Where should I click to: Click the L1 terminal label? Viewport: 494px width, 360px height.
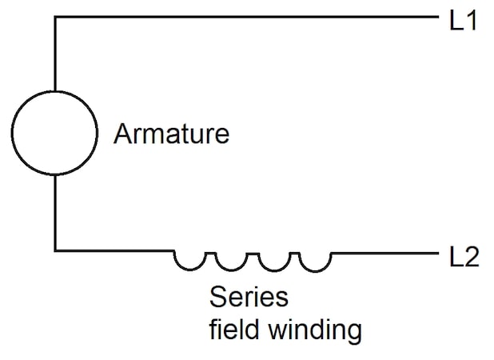click(464, 19)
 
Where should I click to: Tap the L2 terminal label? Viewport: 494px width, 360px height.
click(464, 258)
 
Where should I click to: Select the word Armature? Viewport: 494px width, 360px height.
click(171, 134)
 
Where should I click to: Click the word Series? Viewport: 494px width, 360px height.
click(248, 298)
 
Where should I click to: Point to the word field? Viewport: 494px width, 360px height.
click(232, 328)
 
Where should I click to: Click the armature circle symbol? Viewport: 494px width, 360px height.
click(54, 133)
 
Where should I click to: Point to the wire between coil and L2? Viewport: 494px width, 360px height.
click(384, 252)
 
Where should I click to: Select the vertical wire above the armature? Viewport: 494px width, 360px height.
click(54, 53)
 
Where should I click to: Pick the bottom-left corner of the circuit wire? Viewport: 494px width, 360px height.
click(54, 252)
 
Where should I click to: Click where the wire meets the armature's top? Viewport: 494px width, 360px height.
click(54, 90)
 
